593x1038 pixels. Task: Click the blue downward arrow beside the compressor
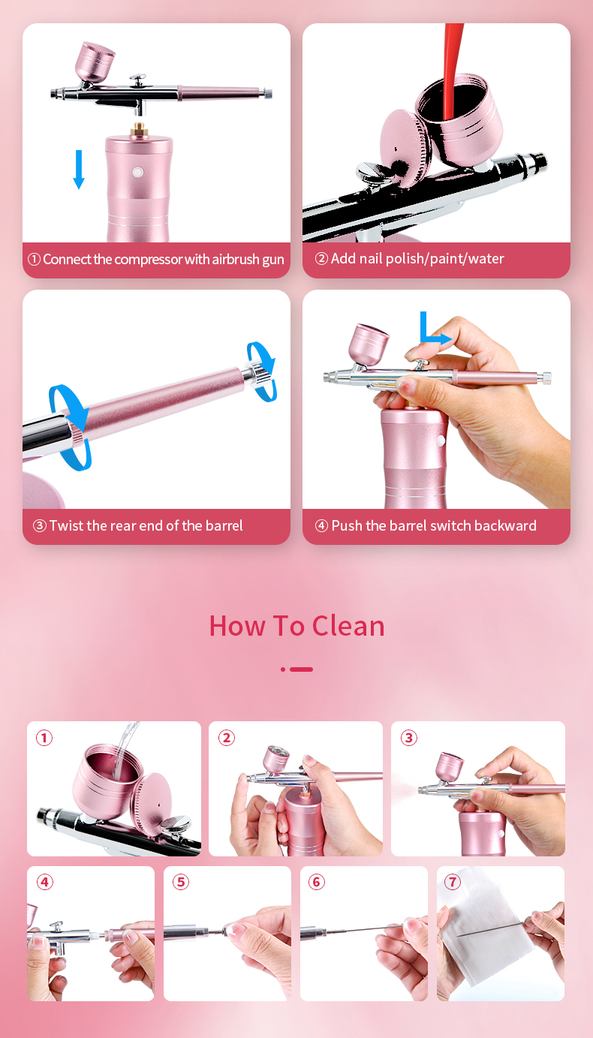click(79, 169)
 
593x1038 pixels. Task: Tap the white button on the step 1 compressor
click(137, 173)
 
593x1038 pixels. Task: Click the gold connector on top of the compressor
click(139, 129)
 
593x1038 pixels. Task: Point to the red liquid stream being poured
click(452, 70)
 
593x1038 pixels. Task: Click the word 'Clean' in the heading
click(348, 626)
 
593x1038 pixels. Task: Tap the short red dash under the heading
click(301, 669)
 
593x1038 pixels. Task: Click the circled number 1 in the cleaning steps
click(44, 738)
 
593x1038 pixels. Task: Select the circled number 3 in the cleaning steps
click(409, 738)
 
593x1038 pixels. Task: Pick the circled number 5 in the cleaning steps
click(181, 882)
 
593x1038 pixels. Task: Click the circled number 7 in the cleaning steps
click(453, 882)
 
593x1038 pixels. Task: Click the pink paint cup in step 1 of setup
click(95, 63)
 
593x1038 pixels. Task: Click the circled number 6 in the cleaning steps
click(317, 882)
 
